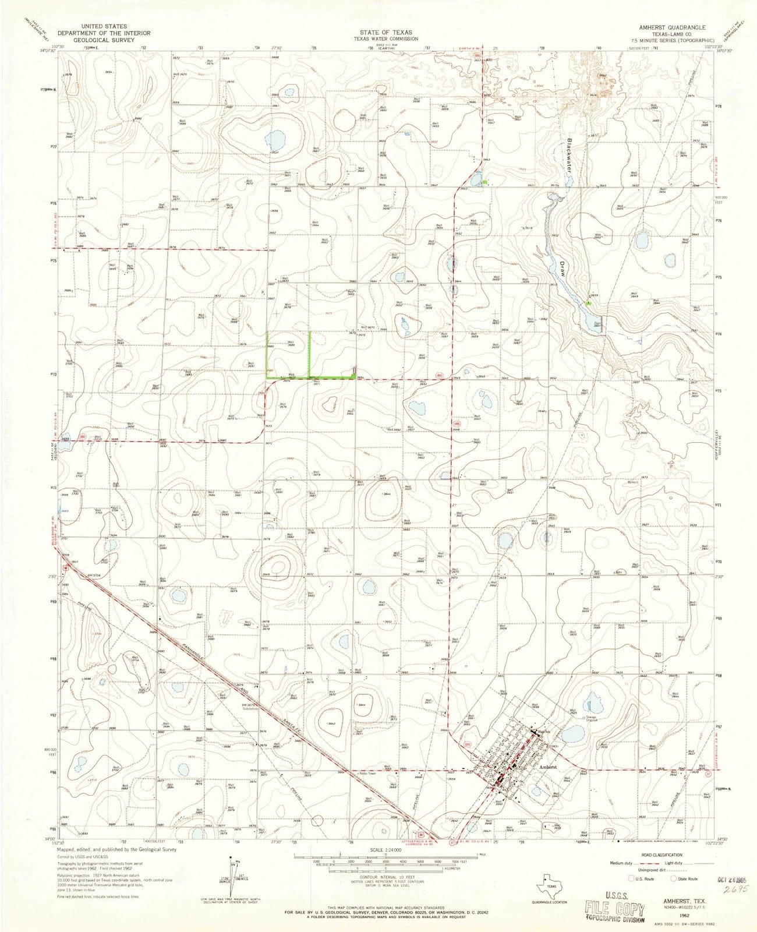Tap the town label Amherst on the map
point(548,767)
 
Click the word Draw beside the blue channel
point(563,268)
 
